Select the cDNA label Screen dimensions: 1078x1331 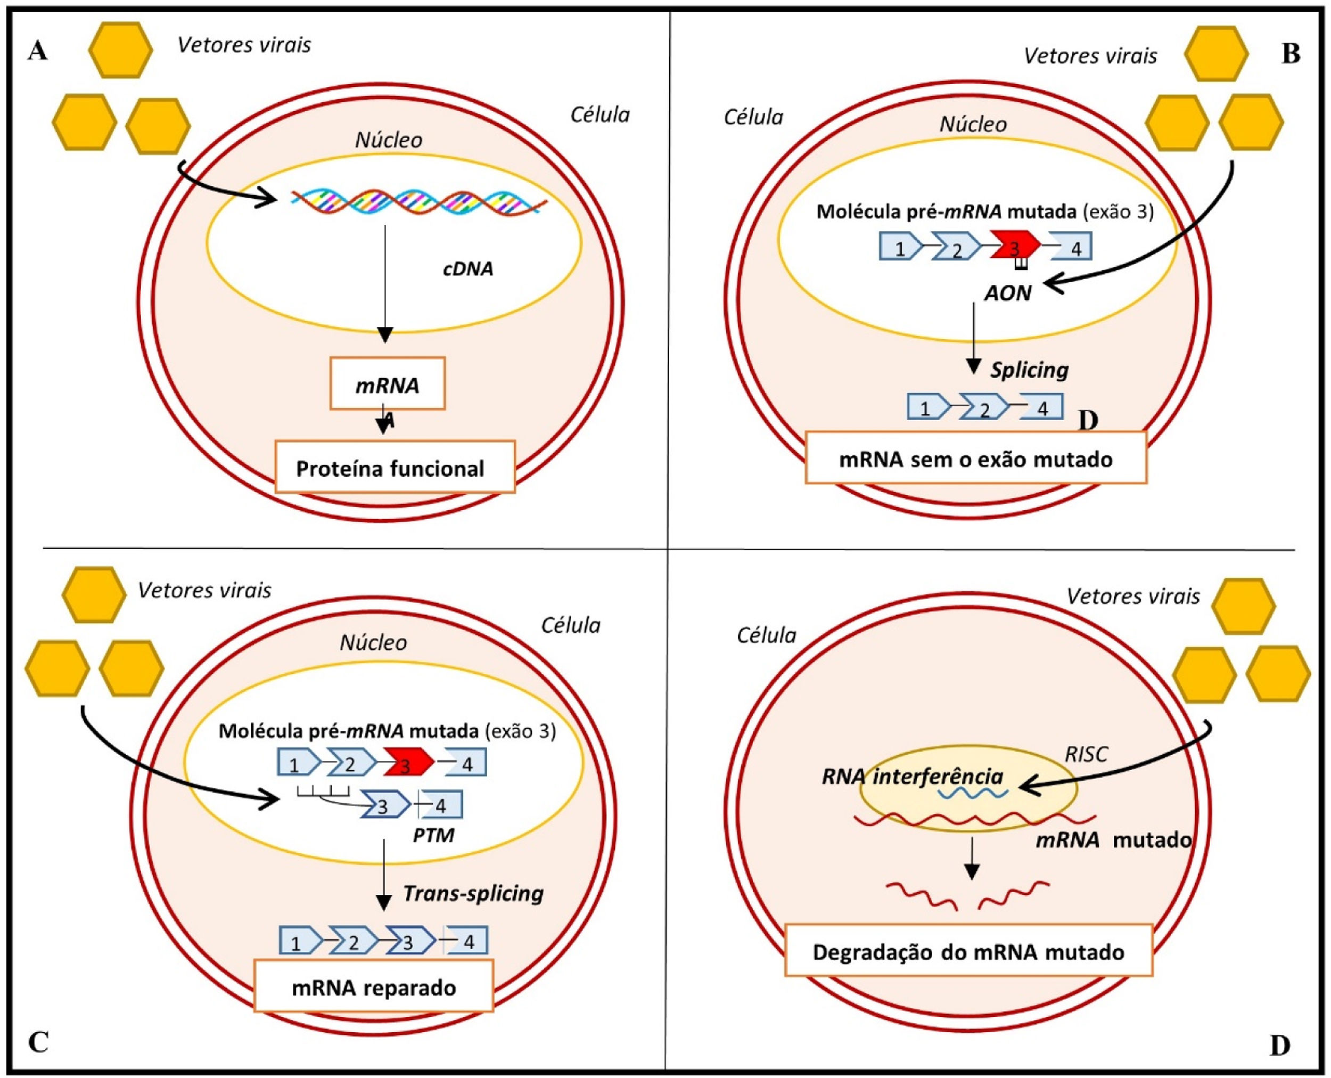(467, 268)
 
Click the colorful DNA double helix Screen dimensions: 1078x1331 (419, 202)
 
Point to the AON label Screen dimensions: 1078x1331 (1007, 293)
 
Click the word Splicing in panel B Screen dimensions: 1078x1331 (1029, 370)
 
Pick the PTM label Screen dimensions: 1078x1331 (433, 835)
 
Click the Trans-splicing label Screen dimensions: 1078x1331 (473, 893)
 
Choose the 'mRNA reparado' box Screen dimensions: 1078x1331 (373, 987)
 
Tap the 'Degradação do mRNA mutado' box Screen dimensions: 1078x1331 (968, 952)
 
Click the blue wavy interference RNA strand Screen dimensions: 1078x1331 (972, 794)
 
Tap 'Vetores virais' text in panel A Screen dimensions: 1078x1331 (244, 45)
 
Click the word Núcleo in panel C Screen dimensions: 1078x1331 (373, 643)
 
